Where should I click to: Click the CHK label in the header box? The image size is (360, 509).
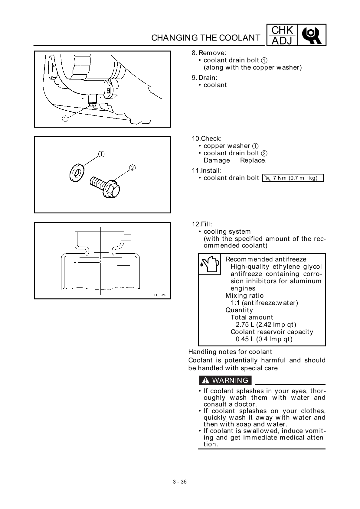[x=282, y=31]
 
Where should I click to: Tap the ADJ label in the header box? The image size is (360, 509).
[x=282, y=41]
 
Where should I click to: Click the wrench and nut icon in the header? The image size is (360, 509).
[x=312, y=35]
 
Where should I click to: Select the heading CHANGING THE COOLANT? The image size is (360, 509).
[x=205, y=38]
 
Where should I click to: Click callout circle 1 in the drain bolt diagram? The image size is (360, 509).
[x=65, y=119]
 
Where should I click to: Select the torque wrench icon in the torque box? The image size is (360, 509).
[x=267, y=178]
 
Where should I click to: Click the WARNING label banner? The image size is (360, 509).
[x=225, y=380]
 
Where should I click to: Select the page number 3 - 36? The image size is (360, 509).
[x=180, y=482]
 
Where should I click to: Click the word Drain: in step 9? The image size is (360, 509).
[x=208, y=78]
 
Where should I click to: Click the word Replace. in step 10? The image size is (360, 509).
[x=253, y=160]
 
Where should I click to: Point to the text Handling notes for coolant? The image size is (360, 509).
[x=230, y=352]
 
